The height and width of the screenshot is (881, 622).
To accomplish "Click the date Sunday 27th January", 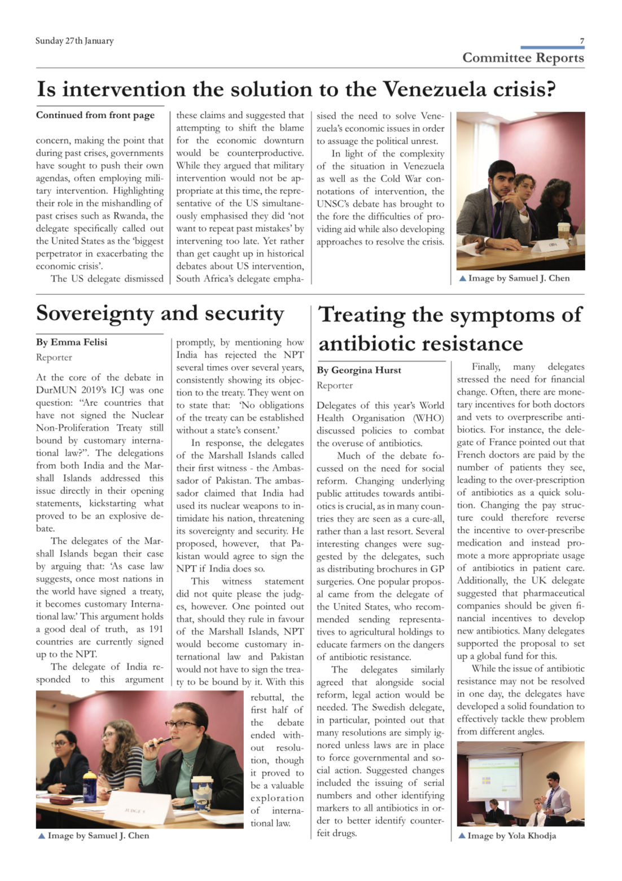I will pyautogui.click(x=74, y=41).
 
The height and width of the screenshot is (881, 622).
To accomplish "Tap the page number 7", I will pyautogui.click(x=582, y=41).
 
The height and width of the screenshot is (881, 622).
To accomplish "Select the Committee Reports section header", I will pyautogui.click(x=523, y=58).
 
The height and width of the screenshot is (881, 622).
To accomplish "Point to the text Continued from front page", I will pyautogui.click(x=95, y=115).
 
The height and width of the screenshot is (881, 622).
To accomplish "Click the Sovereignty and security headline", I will pyautogui.click(x=160, y=314).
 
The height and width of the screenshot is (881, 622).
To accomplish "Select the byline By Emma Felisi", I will pyautogui.click(x=72, y=342).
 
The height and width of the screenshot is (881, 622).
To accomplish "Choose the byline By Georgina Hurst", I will pyautogui.click(x=359, y=370).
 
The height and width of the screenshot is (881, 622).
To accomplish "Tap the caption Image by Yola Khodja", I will pyautogui.click(x=511, y=835).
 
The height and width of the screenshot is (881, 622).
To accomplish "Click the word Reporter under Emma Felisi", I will pyautogui.click(x=54, y=357).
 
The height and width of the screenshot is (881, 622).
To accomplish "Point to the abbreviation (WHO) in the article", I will pyautogui.click(x=428, y=418).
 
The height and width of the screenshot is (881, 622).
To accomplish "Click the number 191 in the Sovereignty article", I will pyautogui.click(x=156, y=629).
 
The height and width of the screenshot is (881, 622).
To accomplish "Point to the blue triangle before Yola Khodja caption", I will pyautogui.click(x=462, y=835).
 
